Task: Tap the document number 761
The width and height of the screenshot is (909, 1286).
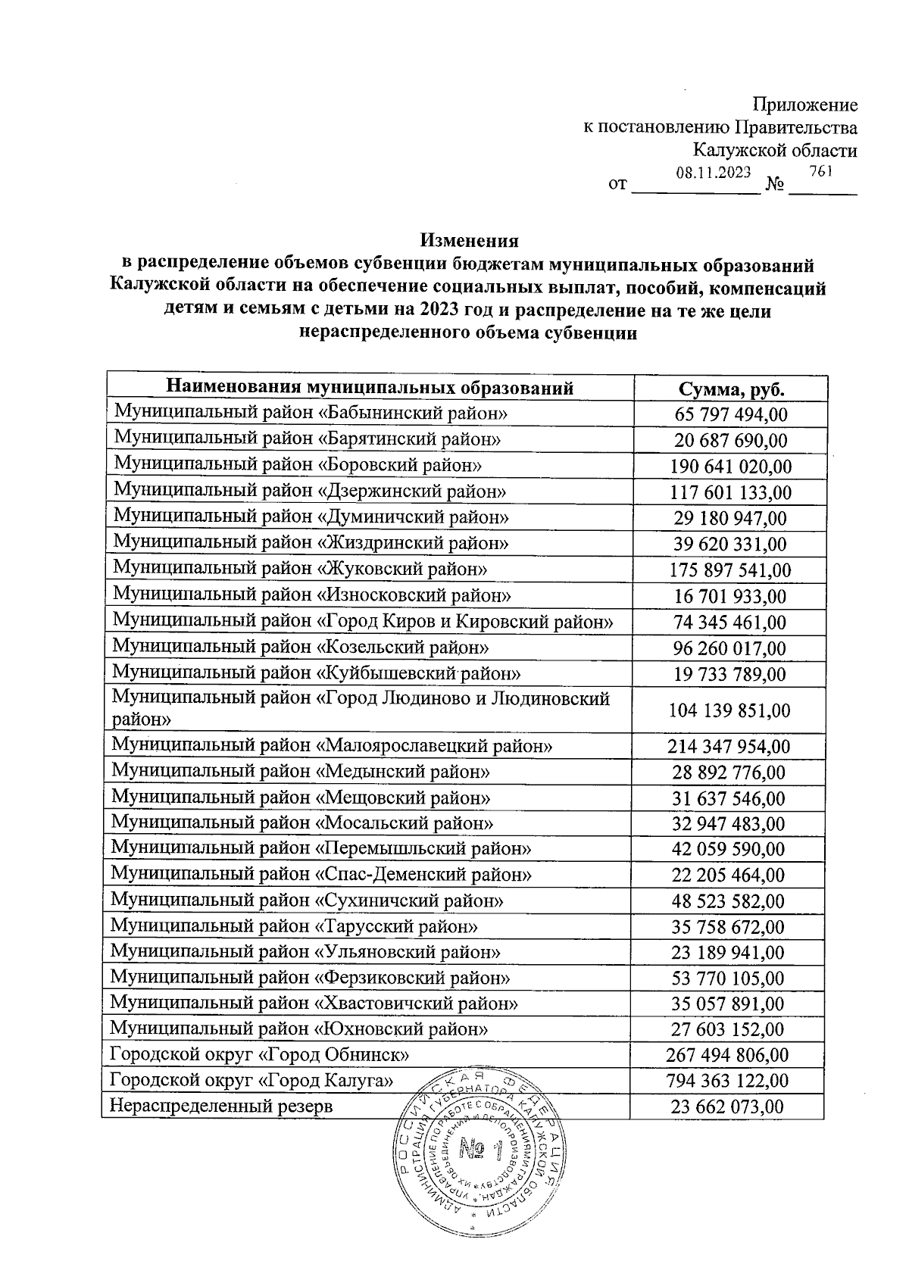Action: click(x=821, y=171)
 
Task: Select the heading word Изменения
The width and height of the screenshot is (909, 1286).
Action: click(x=470, y=240)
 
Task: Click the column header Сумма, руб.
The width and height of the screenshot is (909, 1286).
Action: click(x=730, y=389)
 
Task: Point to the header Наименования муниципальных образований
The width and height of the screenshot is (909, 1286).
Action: click(x=370, y=389)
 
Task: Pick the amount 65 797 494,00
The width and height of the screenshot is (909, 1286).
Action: click(x=730, y=415)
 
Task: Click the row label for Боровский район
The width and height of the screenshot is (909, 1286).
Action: click(x=298, y=464)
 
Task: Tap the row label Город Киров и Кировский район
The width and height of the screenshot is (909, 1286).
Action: click(x=363, y=621)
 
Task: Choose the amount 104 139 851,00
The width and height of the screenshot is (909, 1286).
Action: click(x=729, y=710)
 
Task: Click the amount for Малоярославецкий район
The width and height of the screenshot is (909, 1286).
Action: click(x=729, y=748)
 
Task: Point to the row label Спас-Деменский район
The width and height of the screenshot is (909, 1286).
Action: click(x=321, y=875)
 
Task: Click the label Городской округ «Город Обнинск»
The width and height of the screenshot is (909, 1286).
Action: click(x=261, y=1054)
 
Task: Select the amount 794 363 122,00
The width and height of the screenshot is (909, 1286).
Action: click(x=727, y=1081)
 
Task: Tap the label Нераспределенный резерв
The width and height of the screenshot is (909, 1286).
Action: click(x=221, y=1106)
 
